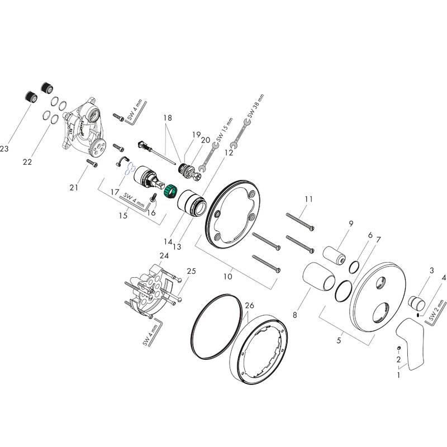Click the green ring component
[170, 192]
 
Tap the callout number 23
[5, 149]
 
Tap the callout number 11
[309, 199]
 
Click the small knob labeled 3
[416, 304]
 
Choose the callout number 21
[74, 187]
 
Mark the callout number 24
[164, 256]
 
